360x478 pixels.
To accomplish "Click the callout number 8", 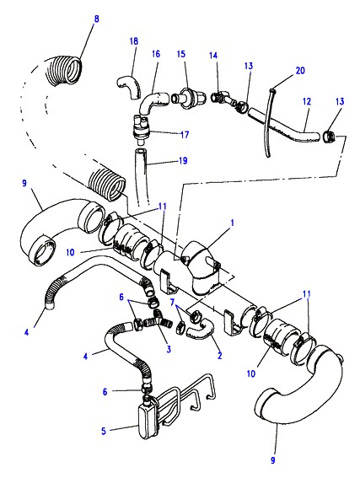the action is [x=97, y=19].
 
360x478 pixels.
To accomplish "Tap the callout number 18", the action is [x=134, y=41].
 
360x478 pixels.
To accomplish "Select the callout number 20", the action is [x=300, y=71].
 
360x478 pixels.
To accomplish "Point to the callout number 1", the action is [x=233, y=223].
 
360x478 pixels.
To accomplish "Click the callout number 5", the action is [x=104, y=431].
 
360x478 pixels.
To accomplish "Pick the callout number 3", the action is [x=169, y=349].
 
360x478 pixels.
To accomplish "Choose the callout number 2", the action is [x=220, y=355].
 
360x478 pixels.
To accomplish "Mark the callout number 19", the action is [x=183, y=161].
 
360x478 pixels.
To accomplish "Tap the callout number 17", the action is [x=185, y=134].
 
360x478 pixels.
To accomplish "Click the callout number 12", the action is [x=307, y=101].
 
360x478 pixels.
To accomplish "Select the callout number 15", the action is [x=181, y=54].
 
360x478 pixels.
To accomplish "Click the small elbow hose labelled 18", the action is [x=127, y=87].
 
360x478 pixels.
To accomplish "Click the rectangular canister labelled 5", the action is [x=148, y=421].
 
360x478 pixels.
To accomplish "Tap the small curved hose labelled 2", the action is [x=201, y=330].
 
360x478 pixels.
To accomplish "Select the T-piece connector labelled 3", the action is [x=158, y=320].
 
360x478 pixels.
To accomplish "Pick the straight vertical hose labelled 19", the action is [x=141, y=177].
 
